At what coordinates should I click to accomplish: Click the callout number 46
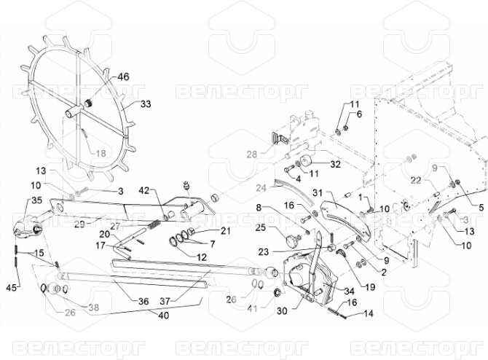click(123, 76)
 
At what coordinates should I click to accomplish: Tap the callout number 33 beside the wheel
click(146, 105)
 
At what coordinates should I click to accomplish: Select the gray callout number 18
click(100, 153)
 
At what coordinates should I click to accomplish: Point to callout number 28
click(251, 154)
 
